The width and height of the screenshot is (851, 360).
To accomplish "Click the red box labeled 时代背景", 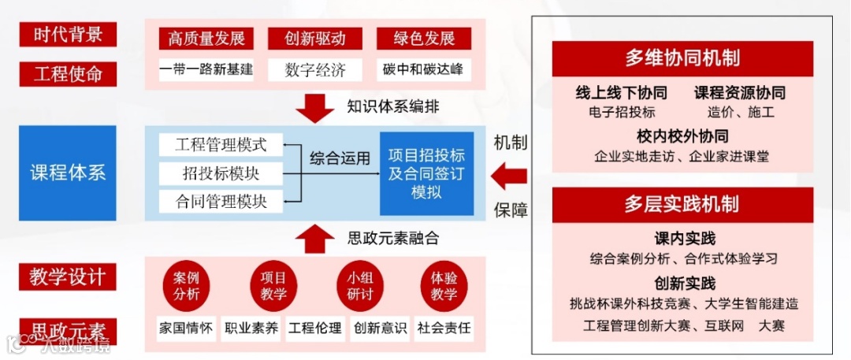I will [x=68, y=35].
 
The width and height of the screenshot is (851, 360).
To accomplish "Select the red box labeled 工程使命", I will [x=68, y=75].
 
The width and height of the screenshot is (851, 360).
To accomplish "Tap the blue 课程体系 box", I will [x=68, y=172].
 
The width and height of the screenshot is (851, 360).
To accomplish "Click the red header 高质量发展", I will [x=206, y=39].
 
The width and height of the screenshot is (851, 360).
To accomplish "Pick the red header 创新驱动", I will [x=315, y=39].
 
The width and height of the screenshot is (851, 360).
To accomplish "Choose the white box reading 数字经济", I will [x=315, y=69].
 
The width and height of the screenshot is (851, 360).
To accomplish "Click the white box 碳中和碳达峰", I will [x=423, y=69].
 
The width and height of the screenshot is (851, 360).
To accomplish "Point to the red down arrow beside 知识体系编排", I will [x=315, y=108].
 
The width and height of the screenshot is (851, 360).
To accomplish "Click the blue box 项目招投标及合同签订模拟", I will [x=426, y=173].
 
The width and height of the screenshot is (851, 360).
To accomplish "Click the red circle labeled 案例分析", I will [x=186, y=286].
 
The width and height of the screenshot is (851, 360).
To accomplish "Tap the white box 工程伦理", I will [x=315, y=328].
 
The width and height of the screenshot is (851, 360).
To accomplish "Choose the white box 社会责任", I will [x=444, y=328].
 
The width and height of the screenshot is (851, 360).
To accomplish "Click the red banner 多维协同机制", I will [x=682, y=58].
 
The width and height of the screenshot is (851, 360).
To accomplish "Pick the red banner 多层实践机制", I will [x=682, y=205].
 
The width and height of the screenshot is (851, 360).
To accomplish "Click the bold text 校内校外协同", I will [x=682, y=135].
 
